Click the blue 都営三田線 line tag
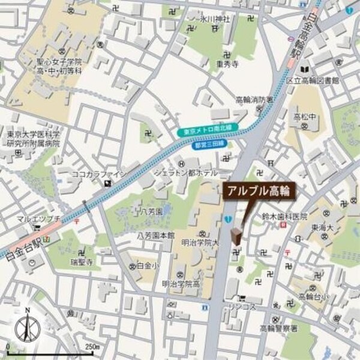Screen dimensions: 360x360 [x=208, y=145]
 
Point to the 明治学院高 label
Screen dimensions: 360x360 [x=180, y=284]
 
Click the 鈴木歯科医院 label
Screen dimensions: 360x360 [x=285, y=216]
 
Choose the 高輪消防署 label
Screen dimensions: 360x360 [x=254, y=99]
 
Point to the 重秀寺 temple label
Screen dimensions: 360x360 [x=228, y=61]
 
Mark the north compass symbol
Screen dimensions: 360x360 [x=26, y=328]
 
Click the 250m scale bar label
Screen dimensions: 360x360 [x=91, y=347]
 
